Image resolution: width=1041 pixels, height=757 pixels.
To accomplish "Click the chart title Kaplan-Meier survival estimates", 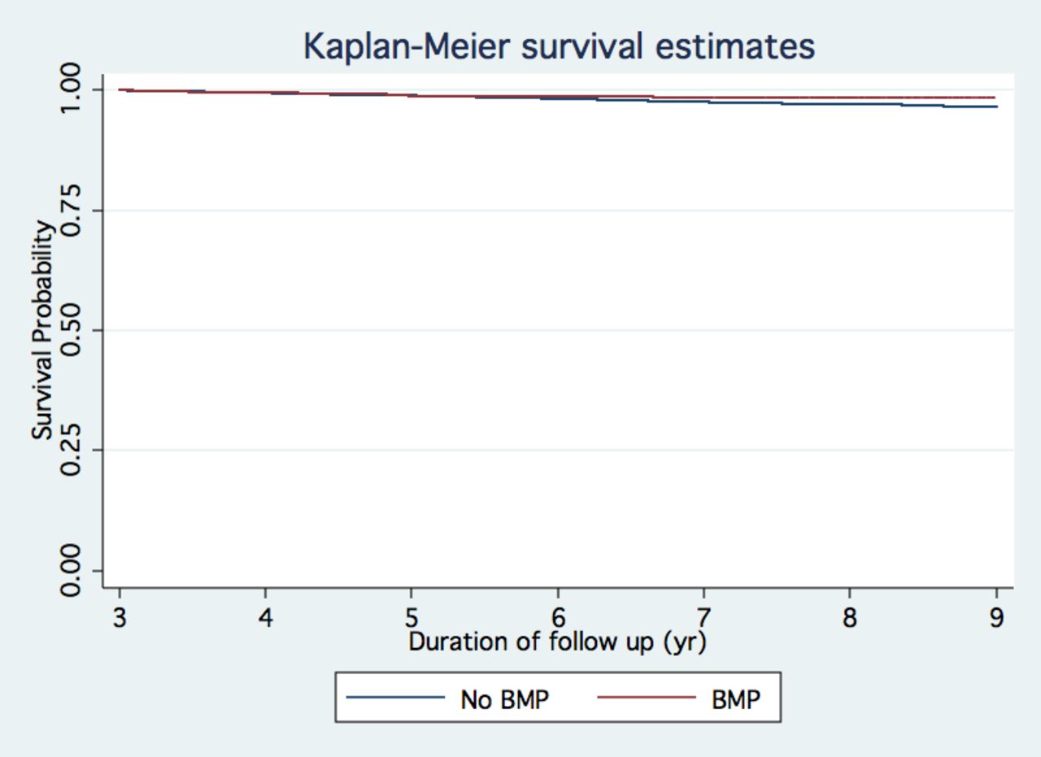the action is [559, 47].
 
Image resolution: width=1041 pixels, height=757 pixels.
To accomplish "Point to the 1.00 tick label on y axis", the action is [71, 89].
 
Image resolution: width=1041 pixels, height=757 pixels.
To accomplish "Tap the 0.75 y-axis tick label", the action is [71, 210].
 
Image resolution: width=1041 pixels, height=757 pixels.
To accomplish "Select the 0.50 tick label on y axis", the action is [71, 330].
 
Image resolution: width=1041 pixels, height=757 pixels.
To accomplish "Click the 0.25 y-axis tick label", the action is [71, 450].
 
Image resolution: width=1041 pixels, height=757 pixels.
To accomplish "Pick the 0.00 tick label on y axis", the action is [71, 571].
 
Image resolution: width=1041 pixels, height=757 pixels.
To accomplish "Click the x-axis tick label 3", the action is [120, 618].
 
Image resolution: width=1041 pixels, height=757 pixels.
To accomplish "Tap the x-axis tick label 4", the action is [265, 618].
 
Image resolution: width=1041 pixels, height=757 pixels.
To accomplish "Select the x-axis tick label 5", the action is [412, 618].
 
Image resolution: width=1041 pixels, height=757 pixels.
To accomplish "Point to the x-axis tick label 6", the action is [558, 618].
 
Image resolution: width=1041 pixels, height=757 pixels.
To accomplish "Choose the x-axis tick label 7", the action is [703, 618].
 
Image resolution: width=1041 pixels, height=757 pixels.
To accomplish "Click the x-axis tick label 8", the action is [850, 618].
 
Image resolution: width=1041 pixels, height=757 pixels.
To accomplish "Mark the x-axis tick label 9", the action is [996, 618].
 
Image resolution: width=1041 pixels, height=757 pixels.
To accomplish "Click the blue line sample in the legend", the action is [395, 697].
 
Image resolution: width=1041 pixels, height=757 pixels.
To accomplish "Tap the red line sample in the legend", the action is [647, 697].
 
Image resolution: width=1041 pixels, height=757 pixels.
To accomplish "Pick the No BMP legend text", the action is [505, 700].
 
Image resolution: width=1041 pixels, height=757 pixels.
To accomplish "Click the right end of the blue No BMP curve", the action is [997, 107].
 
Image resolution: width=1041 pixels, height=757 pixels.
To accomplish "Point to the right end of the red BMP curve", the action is [995, 98].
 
